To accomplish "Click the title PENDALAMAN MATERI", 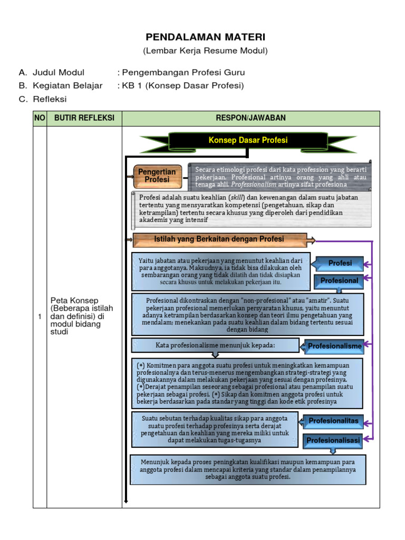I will (x=206, y=37).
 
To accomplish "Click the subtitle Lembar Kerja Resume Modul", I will (x=206, y=51).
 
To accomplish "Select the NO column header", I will (x=40, y=118).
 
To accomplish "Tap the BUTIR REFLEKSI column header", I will (x=84, y=118).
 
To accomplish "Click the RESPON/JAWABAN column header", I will (x=250, y=118).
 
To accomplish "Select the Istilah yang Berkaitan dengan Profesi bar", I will (x=219, y=239).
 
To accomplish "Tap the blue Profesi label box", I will (x=340, y=263).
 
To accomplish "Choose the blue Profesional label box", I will (x=340, y=281).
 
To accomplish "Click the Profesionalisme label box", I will (x=335, y=346).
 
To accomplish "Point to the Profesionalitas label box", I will (x=333, y=421).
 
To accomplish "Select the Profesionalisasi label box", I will (x=333, y=440).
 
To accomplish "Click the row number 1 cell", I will (x=40, y=316).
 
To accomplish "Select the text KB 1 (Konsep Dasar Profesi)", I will (x=183, y=85).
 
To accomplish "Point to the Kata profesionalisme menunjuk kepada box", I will (x=215, y=345).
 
